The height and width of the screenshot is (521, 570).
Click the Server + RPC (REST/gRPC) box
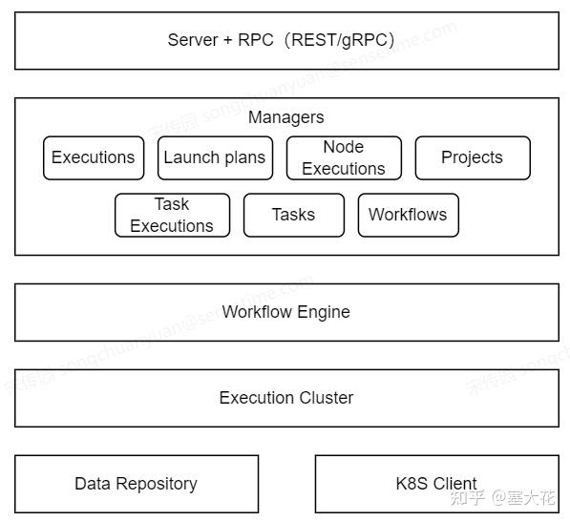point(286,41)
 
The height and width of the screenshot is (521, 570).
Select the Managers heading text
point(285,117)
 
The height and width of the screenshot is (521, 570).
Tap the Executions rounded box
point(93,157)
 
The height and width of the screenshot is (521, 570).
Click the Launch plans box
point(214,157)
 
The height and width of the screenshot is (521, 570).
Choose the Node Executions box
point(343,157)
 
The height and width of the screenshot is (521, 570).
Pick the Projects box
point(472,157)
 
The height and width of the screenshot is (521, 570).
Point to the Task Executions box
point(172,215)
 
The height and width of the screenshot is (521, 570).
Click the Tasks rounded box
point(293,215)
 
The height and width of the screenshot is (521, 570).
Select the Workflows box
point(408,215)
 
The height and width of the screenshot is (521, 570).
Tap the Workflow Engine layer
point(286,312)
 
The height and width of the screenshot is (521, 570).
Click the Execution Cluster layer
point(286,398)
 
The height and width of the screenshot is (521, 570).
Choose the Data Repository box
point(136,484)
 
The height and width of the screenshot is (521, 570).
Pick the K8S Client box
point(436,484)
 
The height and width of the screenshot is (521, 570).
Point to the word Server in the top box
point(192,40)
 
